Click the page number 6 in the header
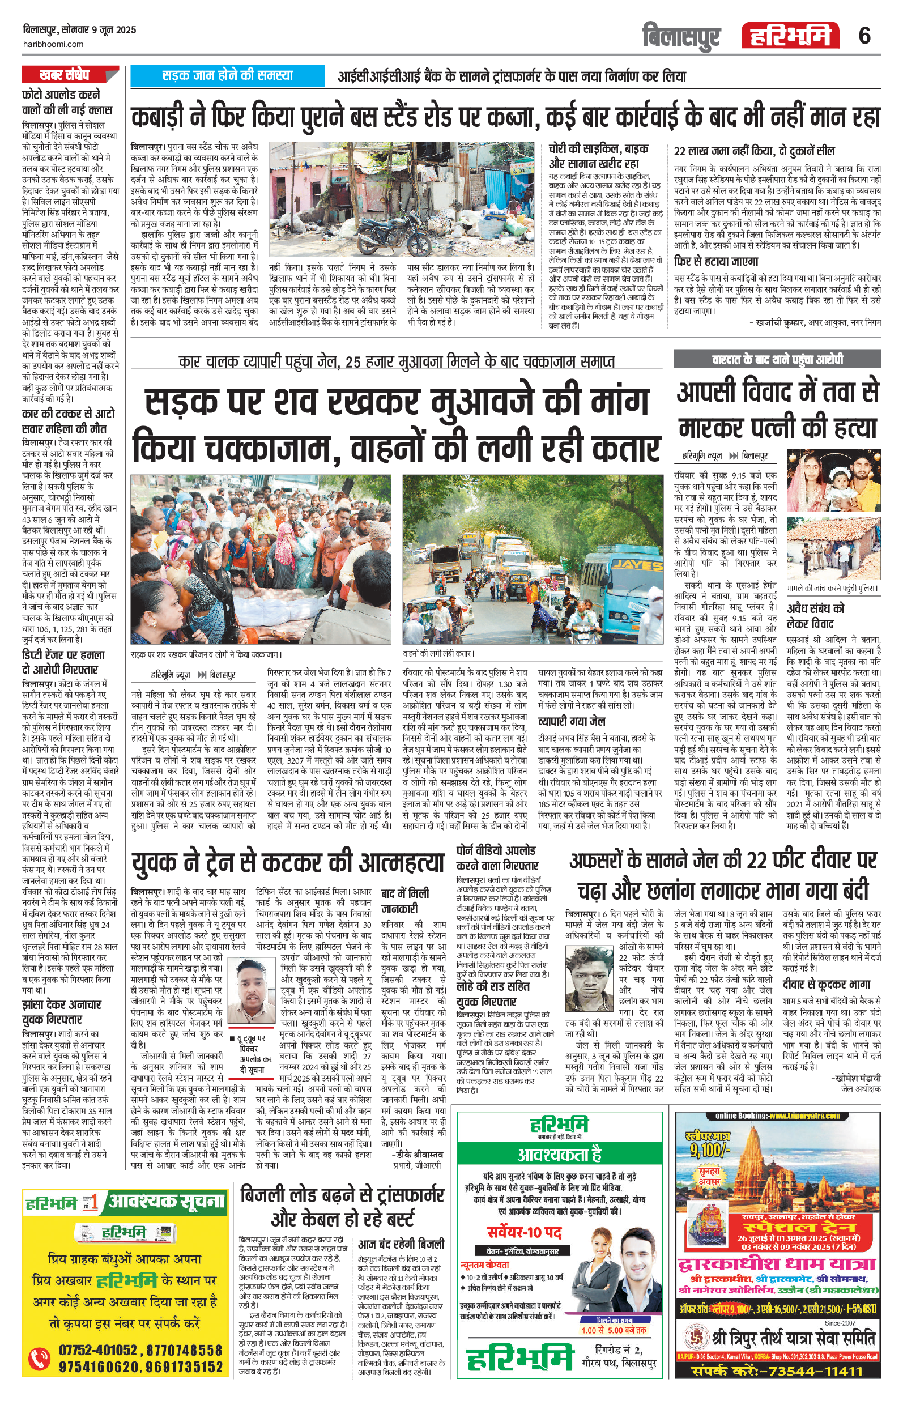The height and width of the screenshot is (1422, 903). tap(864, 37)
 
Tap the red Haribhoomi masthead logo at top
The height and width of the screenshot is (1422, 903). tap(790, 36)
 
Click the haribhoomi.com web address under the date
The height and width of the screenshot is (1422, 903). tap(53, 44)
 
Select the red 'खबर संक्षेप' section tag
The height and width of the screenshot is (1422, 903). tap(66, 74)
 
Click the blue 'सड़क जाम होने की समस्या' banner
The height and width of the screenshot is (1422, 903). tap(227, 75)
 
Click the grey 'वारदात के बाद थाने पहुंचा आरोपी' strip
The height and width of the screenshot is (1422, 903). tap(777, 360)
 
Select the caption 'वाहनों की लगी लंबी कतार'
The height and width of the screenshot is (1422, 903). tap(439, 654)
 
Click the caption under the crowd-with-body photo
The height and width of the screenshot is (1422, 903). tap(206, 654)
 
